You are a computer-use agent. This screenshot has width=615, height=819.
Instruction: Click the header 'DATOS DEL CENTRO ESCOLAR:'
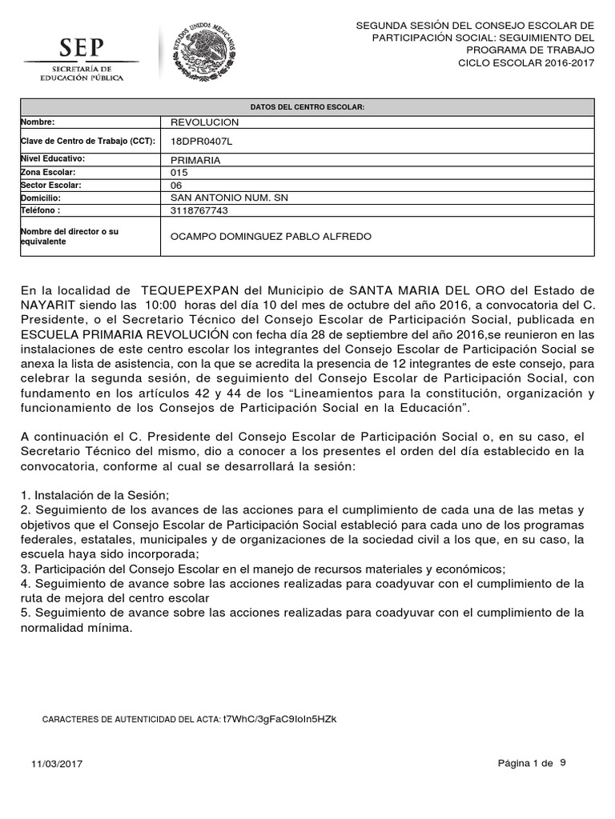307,106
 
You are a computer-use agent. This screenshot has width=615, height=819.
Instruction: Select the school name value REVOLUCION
205,122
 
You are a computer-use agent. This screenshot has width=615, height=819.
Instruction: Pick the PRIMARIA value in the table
196,160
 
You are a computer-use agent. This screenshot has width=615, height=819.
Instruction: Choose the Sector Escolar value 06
178,185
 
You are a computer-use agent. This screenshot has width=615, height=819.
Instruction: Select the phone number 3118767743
199,210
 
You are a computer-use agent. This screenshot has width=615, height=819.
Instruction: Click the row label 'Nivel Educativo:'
52,159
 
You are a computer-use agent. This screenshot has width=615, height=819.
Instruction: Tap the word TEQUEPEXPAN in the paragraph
190,290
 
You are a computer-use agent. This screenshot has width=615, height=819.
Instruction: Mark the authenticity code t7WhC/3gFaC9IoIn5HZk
279,719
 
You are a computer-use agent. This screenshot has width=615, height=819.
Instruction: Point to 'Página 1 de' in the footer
525,763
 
